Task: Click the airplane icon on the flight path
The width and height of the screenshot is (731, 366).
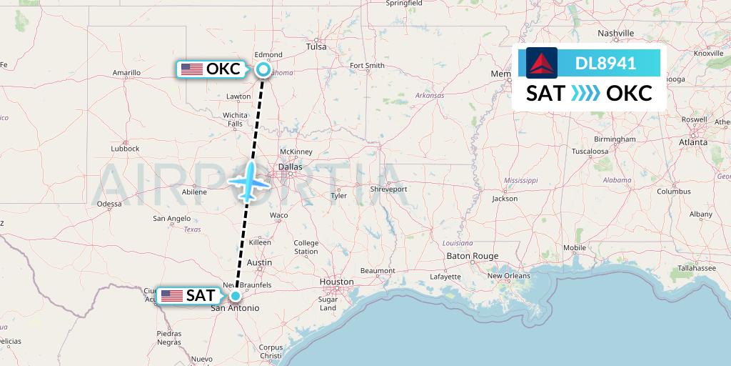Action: click(x=250, y=181)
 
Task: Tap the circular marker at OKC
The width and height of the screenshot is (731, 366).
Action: click(x=263, y=69)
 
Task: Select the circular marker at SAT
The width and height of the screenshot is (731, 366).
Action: click(x=235, y=295)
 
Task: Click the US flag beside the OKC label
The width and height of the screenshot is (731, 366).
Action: click(x=191, y=69)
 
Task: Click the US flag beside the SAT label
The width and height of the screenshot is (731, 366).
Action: click(x=172, y=295)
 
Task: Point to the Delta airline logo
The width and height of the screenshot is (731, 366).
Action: click(x=542, y=63)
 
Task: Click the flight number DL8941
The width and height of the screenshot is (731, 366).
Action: click(x=605, y=63)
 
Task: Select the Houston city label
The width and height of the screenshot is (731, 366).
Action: click(x=336, y=282)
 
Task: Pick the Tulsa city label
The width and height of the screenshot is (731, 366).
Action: click(x=316, y=46)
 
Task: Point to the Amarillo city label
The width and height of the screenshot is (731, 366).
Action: click(x=126, y=73)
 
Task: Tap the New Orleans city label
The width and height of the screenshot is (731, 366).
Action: click(x=508, y=276)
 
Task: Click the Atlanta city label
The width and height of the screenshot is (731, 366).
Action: click(x=693, y=142)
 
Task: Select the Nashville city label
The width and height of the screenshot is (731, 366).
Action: click(x=616, y=34)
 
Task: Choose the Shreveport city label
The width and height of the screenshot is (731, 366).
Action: click(x=388, y=189)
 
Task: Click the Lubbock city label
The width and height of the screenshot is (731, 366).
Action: click(x=125, y=149)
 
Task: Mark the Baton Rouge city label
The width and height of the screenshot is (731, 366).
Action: click(x=472, y=256)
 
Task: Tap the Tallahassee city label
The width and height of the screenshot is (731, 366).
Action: click(x=697, y=267)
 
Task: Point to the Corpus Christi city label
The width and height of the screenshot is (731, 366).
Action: click(x=271, y=351)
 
